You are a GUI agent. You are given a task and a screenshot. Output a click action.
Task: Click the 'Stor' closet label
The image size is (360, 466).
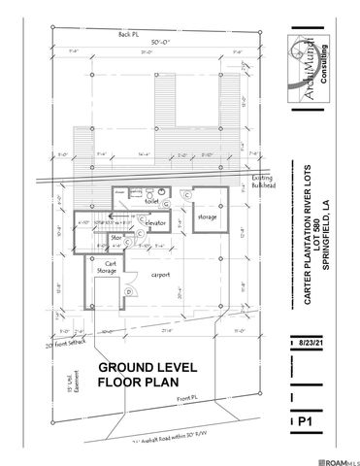point(117,236)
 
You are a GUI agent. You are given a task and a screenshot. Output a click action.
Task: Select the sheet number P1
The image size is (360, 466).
point(303,422)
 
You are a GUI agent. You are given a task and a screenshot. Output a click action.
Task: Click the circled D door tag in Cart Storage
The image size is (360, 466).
point(129,291)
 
